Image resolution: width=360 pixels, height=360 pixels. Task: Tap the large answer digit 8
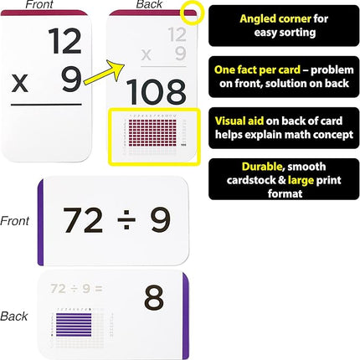coord(152,298)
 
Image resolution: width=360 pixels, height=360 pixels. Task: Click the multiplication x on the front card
coord(19,83)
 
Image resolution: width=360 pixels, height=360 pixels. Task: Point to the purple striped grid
coord(70,323)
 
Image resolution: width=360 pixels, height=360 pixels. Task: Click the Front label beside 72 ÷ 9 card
coord(16,221)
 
